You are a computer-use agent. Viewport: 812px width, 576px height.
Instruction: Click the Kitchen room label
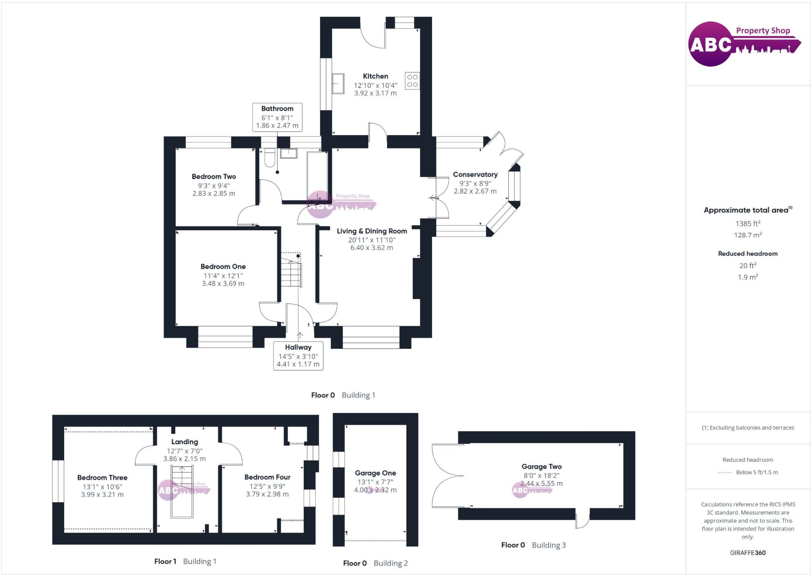point(375,76)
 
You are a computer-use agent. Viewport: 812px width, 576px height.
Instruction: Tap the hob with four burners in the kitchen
point(412,81)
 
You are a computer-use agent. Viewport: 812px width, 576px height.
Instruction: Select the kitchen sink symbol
point(338,83)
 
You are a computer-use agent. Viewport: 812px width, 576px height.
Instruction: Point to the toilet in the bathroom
point(270,157)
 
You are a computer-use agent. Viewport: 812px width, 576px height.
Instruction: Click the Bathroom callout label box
point(277,117)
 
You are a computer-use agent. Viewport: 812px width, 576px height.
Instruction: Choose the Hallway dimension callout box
point(298,356)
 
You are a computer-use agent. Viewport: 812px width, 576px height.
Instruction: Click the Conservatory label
point(475,174)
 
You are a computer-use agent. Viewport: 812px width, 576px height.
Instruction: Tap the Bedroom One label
point(223,267)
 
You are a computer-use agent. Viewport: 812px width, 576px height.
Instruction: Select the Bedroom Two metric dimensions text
point(214,193)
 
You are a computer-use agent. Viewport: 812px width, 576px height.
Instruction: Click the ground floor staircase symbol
point(291,270)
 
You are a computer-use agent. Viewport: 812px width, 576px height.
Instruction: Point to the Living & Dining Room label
point(372,231)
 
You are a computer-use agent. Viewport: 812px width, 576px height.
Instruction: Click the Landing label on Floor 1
point(184,442)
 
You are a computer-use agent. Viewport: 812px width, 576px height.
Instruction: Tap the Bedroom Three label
point(102,478)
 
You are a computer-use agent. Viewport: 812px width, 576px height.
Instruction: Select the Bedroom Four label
point(267,477)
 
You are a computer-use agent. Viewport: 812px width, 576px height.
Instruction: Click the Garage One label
point(375,473)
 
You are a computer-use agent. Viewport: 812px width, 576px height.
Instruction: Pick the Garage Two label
point(541,467)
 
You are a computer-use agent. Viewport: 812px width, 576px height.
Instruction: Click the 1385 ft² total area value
point(748,224)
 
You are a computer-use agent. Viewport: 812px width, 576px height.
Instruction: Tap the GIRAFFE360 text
point(748,553)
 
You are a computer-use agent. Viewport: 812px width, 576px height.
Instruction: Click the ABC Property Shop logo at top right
point(744,44)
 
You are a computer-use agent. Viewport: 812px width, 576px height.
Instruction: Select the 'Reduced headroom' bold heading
point(748,254)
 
